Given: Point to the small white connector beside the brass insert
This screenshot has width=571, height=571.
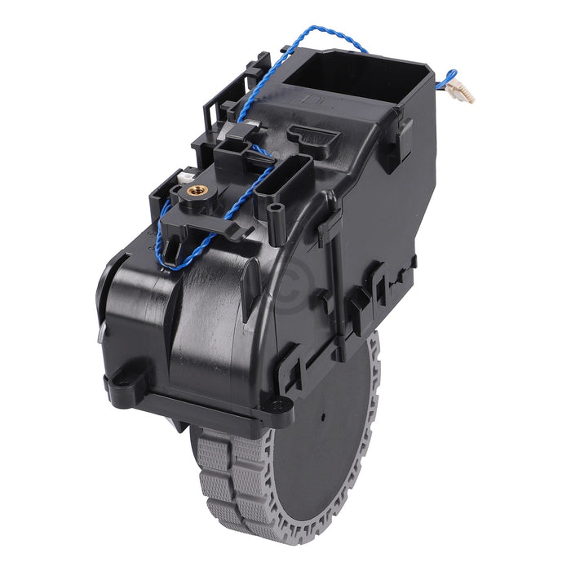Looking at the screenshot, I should point(181,176).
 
